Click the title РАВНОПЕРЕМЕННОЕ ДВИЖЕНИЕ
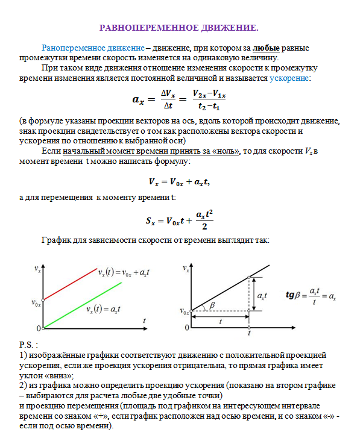coord(178,28)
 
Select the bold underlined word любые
coord(265,47)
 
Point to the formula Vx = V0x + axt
coord(178,181)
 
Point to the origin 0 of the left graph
coord(38,328)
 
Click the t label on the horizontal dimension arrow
coord(221,321)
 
